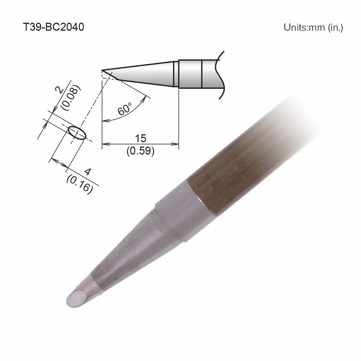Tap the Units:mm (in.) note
(313, 28)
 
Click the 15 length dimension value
(140, 139)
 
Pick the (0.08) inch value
(69, 98)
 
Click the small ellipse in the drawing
(77, 132)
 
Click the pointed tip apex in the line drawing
(103, 70)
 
